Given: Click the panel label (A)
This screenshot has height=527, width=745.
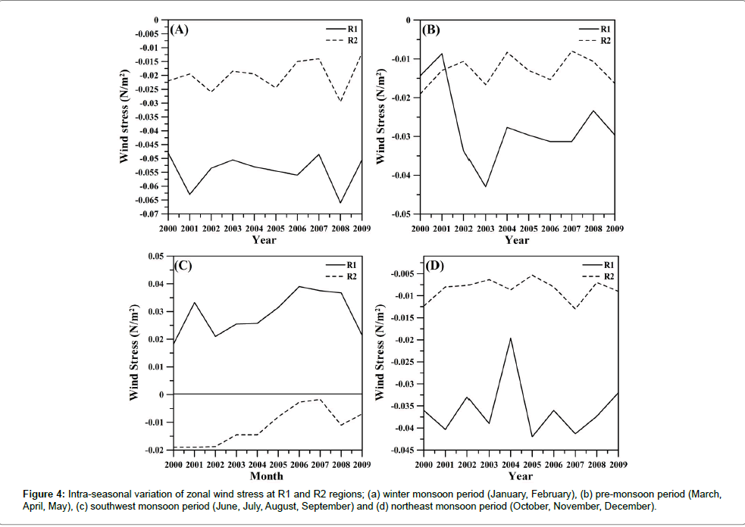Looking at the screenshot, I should (179, 30).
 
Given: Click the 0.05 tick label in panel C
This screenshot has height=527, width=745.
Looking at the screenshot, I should (155, 257).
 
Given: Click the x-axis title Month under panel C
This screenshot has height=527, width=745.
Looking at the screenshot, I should (267, 476).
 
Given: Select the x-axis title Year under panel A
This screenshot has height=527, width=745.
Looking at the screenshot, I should (265, 241).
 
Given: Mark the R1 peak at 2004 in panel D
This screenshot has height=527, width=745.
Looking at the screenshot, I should (510, 338).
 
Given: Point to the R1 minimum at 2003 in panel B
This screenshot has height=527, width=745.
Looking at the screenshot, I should (485, 187).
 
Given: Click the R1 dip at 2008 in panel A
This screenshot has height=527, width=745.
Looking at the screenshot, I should (340, 203).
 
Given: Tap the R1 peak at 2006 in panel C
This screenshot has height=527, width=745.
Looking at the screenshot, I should (299, 286).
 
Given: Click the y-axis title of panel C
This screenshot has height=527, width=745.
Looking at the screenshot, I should (134, 353).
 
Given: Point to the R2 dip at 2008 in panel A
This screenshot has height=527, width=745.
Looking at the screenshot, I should (340, 101).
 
